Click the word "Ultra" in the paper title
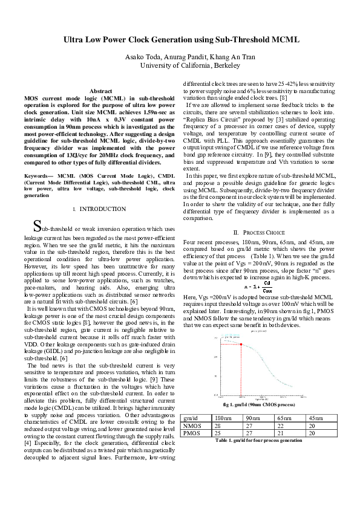point(75,40)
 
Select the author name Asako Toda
point(142,56)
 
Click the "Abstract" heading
point(100,91)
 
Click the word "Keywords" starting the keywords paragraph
point(36,175)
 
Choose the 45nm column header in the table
point(316,418)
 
